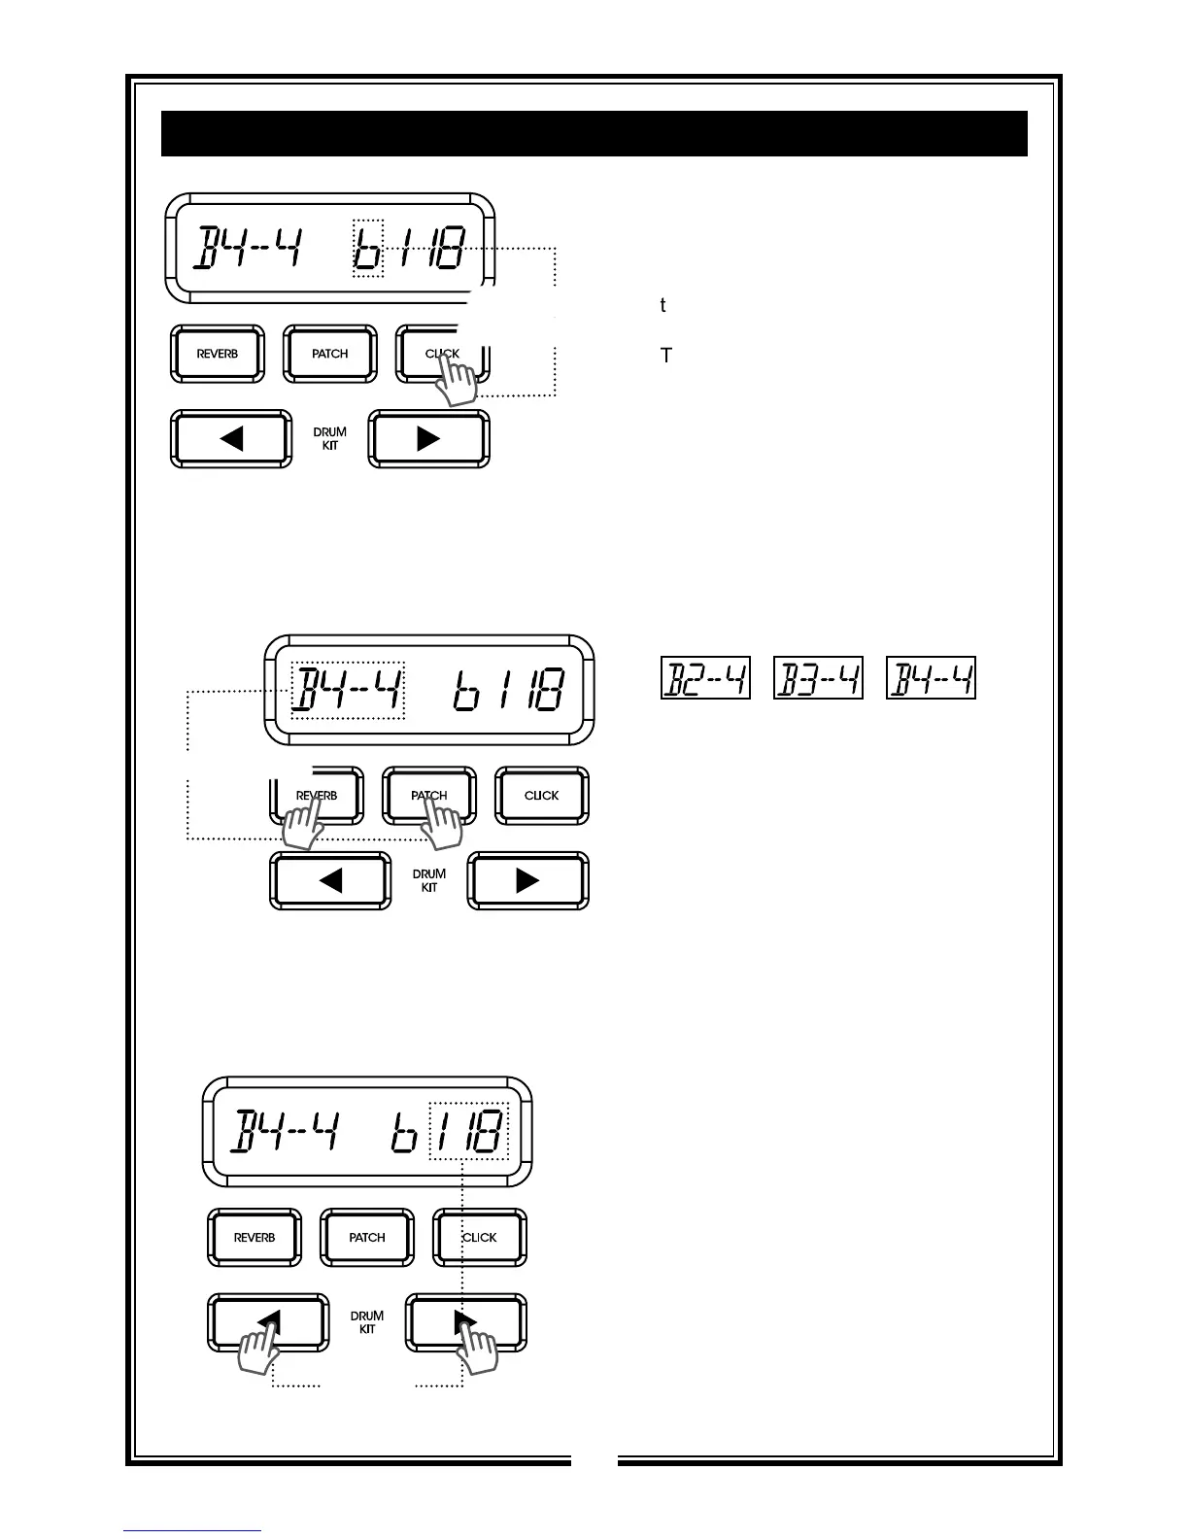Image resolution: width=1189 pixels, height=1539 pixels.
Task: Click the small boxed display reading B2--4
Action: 705,678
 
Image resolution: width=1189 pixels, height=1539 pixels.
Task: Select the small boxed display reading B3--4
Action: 818,678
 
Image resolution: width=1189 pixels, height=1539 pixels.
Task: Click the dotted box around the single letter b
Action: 367,248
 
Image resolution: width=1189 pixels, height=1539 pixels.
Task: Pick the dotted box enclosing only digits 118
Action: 469,1130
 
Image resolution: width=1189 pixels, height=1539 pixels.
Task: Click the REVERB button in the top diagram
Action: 217,355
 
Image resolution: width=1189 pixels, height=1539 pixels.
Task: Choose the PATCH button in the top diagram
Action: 330,355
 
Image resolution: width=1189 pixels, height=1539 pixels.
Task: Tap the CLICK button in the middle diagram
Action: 541,796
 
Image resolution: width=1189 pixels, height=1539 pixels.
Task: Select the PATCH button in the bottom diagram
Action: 367,1238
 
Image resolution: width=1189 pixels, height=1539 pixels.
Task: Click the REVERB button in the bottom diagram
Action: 255,1238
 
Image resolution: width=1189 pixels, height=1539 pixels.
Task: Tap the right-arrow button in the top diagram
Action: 428,439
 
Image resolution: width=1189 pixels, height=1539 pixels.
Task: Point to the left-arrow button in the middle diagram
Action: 330,881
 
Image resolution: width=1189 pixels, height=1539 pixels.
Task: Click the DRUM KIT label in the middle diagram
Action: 429,880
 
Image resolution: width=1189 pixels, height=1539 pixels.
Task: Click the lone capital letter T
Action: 666,356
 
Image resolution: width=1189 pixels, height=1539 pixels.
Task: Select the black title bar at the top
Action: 594,133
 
